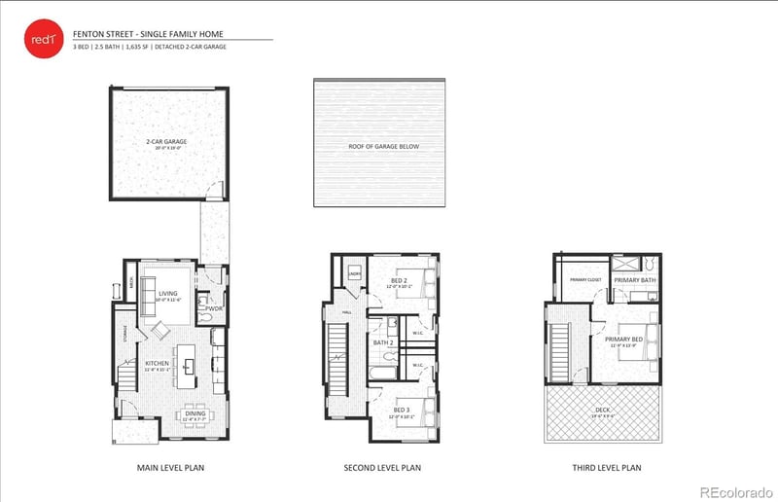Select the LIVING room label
point(168,293)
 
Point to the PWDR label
point(214,308)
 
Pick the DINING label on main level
point(195,412)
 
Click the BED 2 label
point(398,281)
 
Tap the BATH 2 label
point(382,342)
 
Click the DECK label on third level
point(605,411)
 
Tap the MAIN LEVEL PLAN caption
point(170,468)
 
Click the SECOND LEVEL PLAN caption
point(382,468)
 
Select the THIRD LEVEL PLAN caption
point(605,468)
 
